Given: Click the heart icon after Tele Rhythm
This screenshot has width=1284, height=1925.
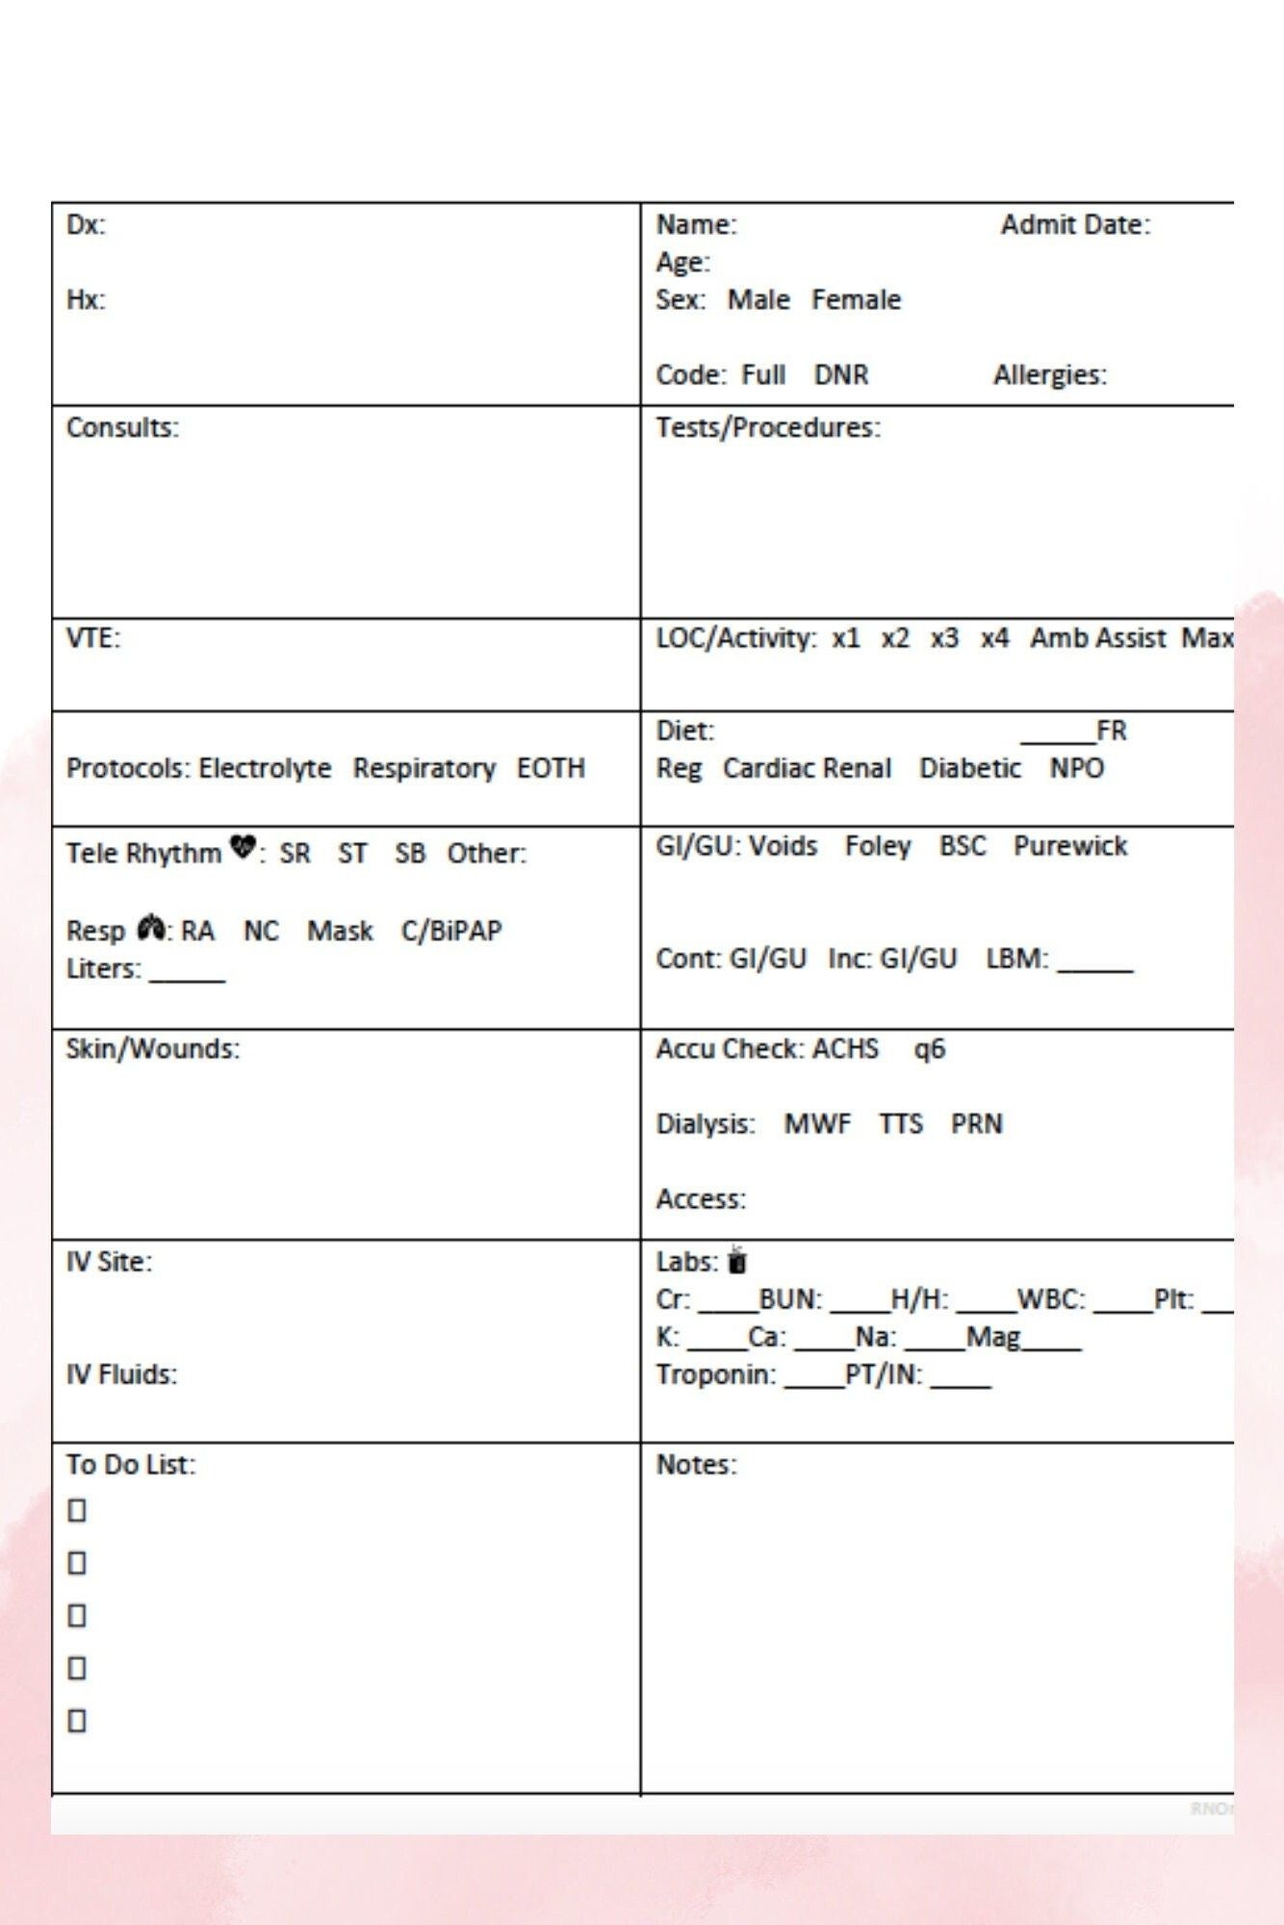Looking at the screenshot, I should point(244,848).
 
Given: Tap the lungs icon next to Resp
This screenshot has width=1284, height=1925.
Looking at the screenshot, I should point(151,928).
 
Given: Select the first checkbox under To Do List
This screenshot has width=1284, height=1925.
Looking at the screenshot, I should point(77,1511).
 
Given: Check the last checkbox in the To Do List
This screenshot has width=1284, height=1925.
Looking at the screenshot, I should point(77,1720).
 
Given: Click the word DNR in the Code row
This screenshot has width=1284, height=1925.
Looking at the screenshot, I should point(841,374).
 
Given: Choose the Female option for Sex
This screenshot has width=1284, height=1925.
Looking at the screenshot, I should point(856,299).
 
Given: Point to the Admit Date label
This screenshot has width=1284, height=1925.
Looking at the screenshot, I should point(1075,224).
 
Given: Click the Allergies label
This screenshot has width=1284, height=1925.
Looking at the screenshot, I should point(1049,374).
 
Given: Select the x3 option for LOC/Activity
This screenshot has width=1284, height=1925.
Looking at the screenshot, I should point(944,638).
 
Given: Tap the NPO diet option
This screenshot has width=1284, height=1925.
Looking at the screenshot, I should point(1076,768).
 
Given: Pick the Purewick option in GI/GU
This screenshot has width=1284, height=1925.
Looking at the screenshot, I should point(1069,845).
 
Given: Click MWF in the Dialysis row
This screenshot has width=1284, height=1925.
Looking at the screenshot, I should point(817,1123).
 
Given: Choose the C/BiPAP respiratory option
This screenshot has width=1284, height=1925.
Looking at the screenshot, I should point(451,931).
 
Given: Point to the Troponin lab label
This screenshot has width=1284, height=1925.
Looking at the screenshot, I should point(715,1374).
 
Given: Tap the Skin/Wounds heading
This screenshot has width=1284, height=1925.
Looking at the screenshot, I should point(152,1048).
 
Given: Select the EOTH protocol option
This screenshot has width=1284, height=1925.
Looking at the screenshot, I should point(551,768).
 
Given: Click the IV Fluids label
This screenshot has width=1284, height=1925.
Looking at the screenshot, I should point(121,1374).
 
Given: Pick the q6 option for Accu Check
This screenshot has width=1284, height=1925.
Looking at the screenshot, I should point(929,1048).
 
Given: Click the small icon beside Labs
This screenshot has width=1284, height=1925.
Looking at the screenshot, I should point(737,1260).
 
